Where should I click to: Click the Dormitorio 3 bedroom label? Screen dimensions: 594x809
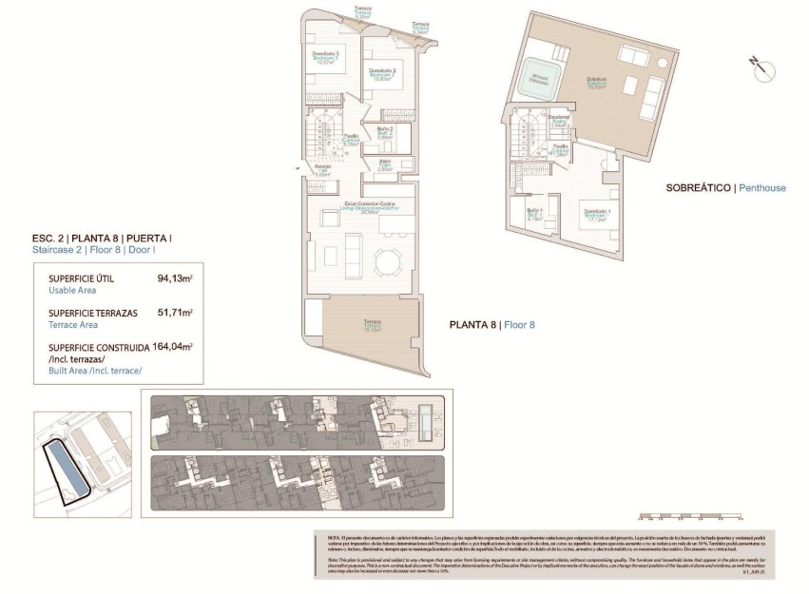pyautogui.click(x=327, y=57)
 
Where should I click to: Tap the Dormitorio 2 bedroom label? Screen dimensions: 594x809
pyautogui.click(x=381, y=74)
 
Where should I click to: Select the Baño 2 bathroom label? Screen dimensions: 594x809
pyautogui.click(x=385, y=132)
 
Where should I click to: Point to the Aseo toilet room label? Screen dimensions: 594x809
pyautogui.click(x=385, y=163)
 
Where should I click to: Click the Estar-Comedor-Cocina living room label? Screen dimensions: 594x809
pyautogui.click(x=362, y=207)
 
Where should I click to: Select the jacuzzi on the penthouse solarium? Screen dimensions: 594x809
pyautogui.click(x=539, y=78)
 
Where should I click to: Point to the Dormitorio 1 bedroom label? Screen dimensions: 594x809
pyautogui.click(x=596, y=214)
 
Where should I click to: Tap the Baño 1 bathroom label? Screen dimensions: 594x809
pyautogui.click(x=533, y=213)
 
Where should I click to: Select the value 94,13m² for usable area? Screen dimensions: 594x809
pyautogui.click(x=175, y=279)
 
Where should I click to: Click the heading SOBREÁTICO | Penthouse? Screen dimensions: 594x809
pyautogui.click(x=726, y=188)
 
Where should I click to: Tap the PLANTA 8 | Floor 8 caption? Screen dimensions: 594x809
pyautogui.click(x=491, y=325)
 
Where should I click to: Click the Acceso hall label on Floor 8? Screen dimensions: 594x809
pyautogui.click(x=322, y=169)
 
